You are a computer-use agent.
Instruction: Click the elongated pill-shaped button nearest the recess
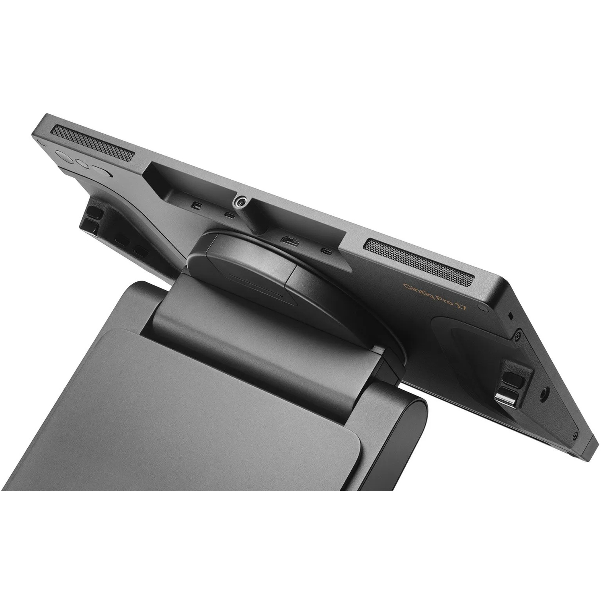point(102,173)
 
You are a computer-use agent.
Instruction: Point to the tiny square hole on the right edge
point(510,316)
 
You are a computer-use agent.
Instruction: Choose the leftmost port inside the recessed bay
point(196,204)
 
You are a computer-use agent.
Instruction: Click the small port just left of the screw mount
point(230,214)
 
